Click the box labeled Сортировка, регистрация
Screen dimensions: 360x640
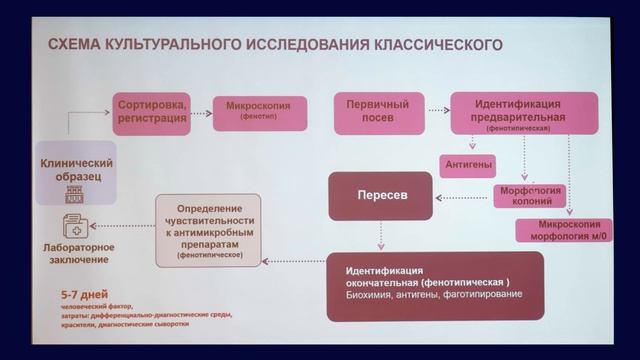pyautogui.click(x=151, y=111)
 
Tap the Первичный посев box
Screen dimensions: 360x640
pyautogui.click(x=376, y=111)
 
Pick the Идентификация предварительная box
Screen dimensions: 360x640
pyautogui.click(x=525, y=113)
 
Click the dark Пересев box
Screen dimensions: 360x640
pyautogui.click(x=380, y=196)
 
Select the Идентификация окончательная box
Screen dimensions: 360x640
pyautogui.click(x=435, y=284)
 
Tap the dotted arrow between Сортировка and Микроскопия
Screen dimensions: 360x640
pyautogui.click(x=201, y=112)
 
